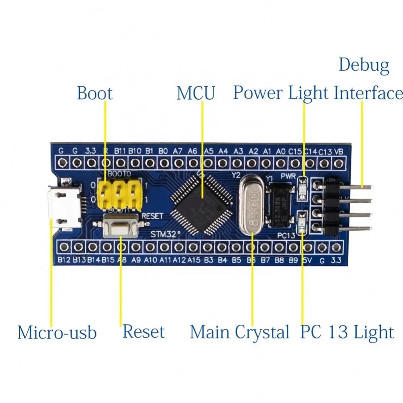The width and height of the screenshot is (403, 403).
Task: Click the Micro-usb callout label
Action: pos(57,333)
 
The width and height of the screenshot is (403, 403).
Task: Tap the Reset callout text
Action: pos(144,332)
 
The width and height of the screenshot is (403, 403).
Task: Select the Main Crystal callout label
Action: pos(240,332)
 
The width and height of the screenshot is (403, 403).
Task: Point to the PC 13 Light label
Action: pos(347,332)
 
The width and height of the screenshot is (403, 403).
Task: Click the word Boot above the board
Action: pos(94,93)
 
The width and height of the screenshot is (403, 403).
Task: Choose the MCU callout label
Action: pos(196,93)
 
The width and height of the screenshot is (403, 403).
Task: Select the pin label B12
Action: pos(64,260)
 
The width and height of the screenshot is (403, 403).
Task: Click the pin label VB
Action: pos(339,152)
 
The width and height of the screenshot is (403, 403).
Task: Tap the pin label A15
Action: pos(194,260)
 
